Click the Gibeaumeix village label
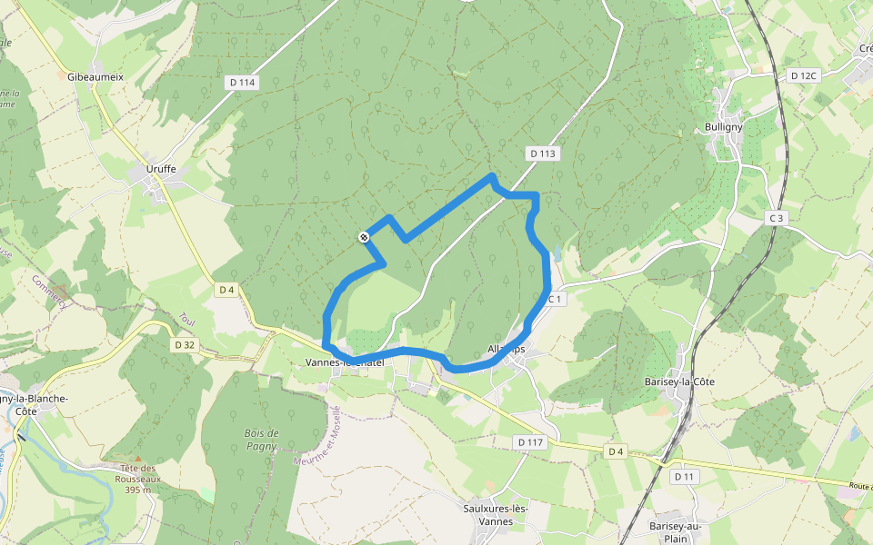[x=95, y=77]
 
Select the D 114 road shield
[x=243, y=83]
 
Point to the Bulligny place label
[x=723, y=127]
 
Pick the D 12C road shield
[x=804, y=75]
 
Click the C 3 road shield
[x=776, y=218]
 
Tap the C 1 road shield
[x=556, y=298]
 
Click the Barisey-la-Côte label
[x=679, y=381]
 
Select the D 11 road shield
[x=685, y=476]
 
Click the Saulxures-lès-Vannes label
[x=496, y=515]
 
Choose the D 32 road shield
[x=185, y=344]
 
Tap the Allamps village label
[x=507, y=349]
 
